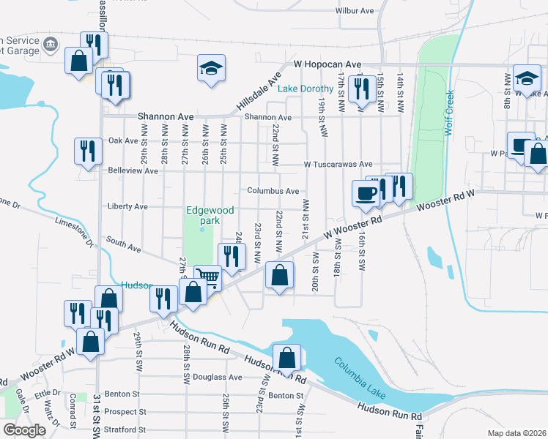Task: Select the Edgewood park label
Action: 210,215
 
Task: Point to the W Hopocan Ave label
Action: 328,64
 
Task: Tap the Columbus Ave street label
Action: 273,191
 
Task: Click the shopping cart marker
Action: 208,277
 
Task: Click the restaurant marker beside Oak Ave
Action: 87,151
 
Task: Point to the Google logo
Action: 23,430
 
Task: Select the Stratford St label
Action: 125,430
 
